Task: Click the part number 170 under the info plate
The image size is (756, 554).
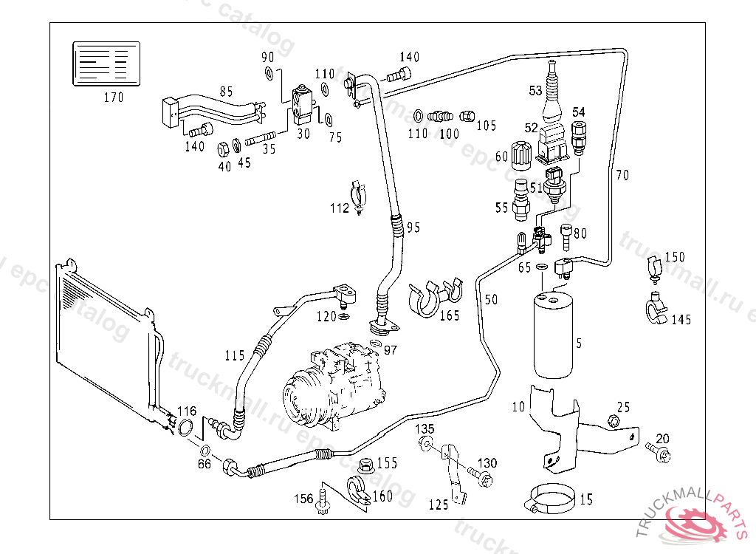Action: point(113,97)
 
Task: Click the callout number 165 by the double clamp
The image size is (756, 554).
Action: point(449,315)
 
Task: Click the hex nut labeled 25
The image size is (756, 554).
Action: point(612,421)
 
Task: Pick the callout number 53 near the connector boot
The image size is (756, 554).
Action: point(536,91)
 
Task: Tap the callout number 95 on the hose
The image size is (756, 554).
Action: point(413,227)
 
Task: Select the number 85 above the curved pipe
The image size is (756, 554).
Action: point(226,92)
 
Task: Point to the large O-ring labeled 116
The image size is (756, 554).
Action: point(188,428)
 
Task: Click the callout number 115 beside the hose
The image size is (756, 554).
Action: point(235,355)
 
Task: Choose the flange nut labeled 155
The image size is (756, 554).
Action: point(364,465)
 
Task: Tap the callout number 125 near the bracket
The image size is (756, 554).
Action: point(439,505)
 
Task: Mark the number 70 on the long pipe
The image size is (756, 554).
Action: point(622,176)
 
